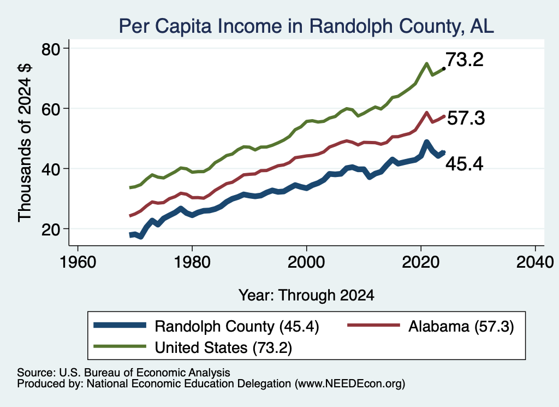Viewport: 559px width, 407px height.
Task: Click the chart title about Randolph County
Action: [306, 26]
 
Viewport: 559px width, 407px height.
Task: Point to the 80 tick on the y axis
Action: [51, 49]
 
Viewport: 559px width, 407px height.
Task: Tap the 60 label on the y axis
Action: [51, 108]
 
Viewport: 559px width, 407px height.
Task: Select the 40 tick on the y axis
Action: [51, 168]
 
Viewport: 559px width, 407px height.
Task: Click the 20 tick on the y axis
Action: [51, 229]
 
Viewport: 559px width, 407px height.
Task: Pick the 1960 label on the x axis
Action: [78, 262]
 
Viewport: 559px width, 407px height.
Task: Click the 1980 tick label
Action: [192, 262]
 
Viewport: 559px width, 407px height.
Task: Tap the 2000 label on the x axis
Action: [306, 262]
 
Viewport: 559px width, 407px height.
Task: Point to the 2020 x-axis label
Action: [421, 262]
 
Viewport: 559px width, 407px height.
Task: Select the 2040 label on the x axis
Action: [535, 262]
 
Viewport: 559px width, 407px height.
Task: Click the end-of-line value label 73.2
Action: [465, 59]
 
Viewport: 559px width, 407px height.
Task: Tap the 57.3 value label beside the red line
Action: [466, 118]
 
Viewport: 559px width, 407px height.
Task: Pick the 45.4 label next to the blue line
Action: [465, 164]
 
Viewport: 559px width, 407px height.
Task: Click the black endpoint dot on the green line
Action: [444, 68]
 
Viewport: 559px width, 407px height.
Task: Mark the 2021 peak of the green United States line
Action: [426, 64]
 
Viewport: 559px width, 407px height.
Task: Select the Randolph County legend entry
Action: [206, 326]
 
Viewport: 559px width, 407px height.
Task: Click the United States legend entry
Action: [193, 347]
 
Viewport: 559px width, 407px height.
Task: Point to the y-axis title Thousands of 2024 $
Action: [25, 143]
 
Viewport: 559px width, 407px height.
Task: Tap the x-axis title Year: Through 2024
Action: [306, 296]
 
